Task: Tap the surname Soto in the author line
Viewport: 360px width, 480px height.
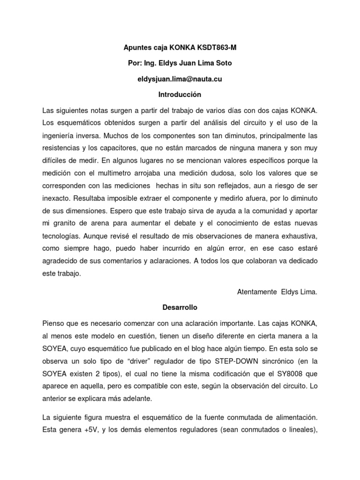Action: [221, 63]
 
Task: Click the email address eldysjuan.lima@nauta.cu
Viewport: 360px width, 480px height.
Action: [180, 79]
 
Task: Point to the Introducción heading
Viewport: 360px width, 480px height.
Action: [180, 95]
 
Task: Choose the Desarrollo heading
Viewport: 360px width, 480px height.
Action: [180, 307]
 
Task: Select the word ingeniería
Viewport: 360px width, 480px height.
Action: [60, 136]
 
